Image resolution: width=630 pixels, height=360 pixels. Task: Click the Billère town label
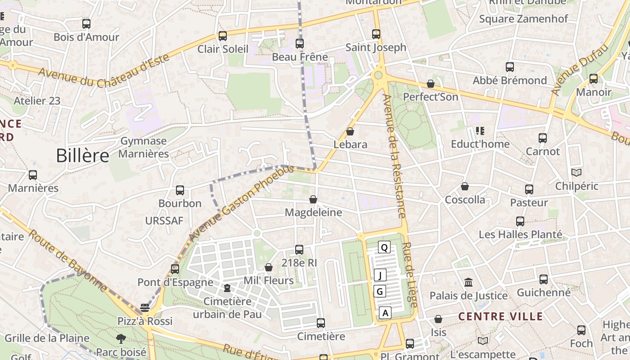83,156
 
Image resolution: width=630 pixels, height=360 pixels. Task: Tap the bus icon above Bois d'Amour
86,24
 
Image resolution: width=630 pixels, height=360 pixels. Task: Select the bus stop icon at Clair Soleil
222,36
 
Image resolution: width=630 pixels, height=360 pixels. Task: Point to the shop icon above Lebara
350,131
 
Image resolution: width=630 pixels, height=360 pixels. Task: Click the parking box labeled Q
384,247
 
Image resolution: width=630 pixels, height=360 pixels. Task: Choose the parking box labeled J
380,275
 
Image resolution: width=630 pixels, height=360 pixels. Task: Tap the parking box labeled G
380,292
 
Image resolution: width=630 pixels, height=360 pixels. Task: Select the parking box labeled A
385,312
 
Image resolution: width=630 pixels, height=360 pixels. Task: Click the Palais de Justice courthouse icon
468,283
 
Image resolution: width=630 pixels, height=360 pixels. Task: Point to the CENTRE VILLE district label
500,316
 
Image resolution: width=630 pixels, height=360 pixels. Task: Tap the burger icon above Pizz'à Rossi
144,308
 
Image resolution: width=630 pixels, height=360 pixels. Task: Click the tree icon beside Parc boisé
121,339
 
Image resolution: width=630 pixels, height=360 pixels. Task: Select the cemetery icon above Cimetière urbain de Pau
227,288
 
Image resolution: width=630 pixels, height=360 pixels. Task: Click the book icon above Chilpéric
576,173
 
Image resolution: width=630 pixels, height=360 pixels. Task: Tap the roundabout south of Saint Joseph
378,75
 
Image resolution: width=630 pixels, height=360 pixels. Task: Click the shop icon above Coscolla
465,186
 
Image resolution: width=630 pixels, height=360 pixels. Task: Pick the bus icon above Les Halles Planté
520,221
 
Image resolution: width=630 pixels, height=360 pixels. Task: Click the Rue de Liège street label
409,275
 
